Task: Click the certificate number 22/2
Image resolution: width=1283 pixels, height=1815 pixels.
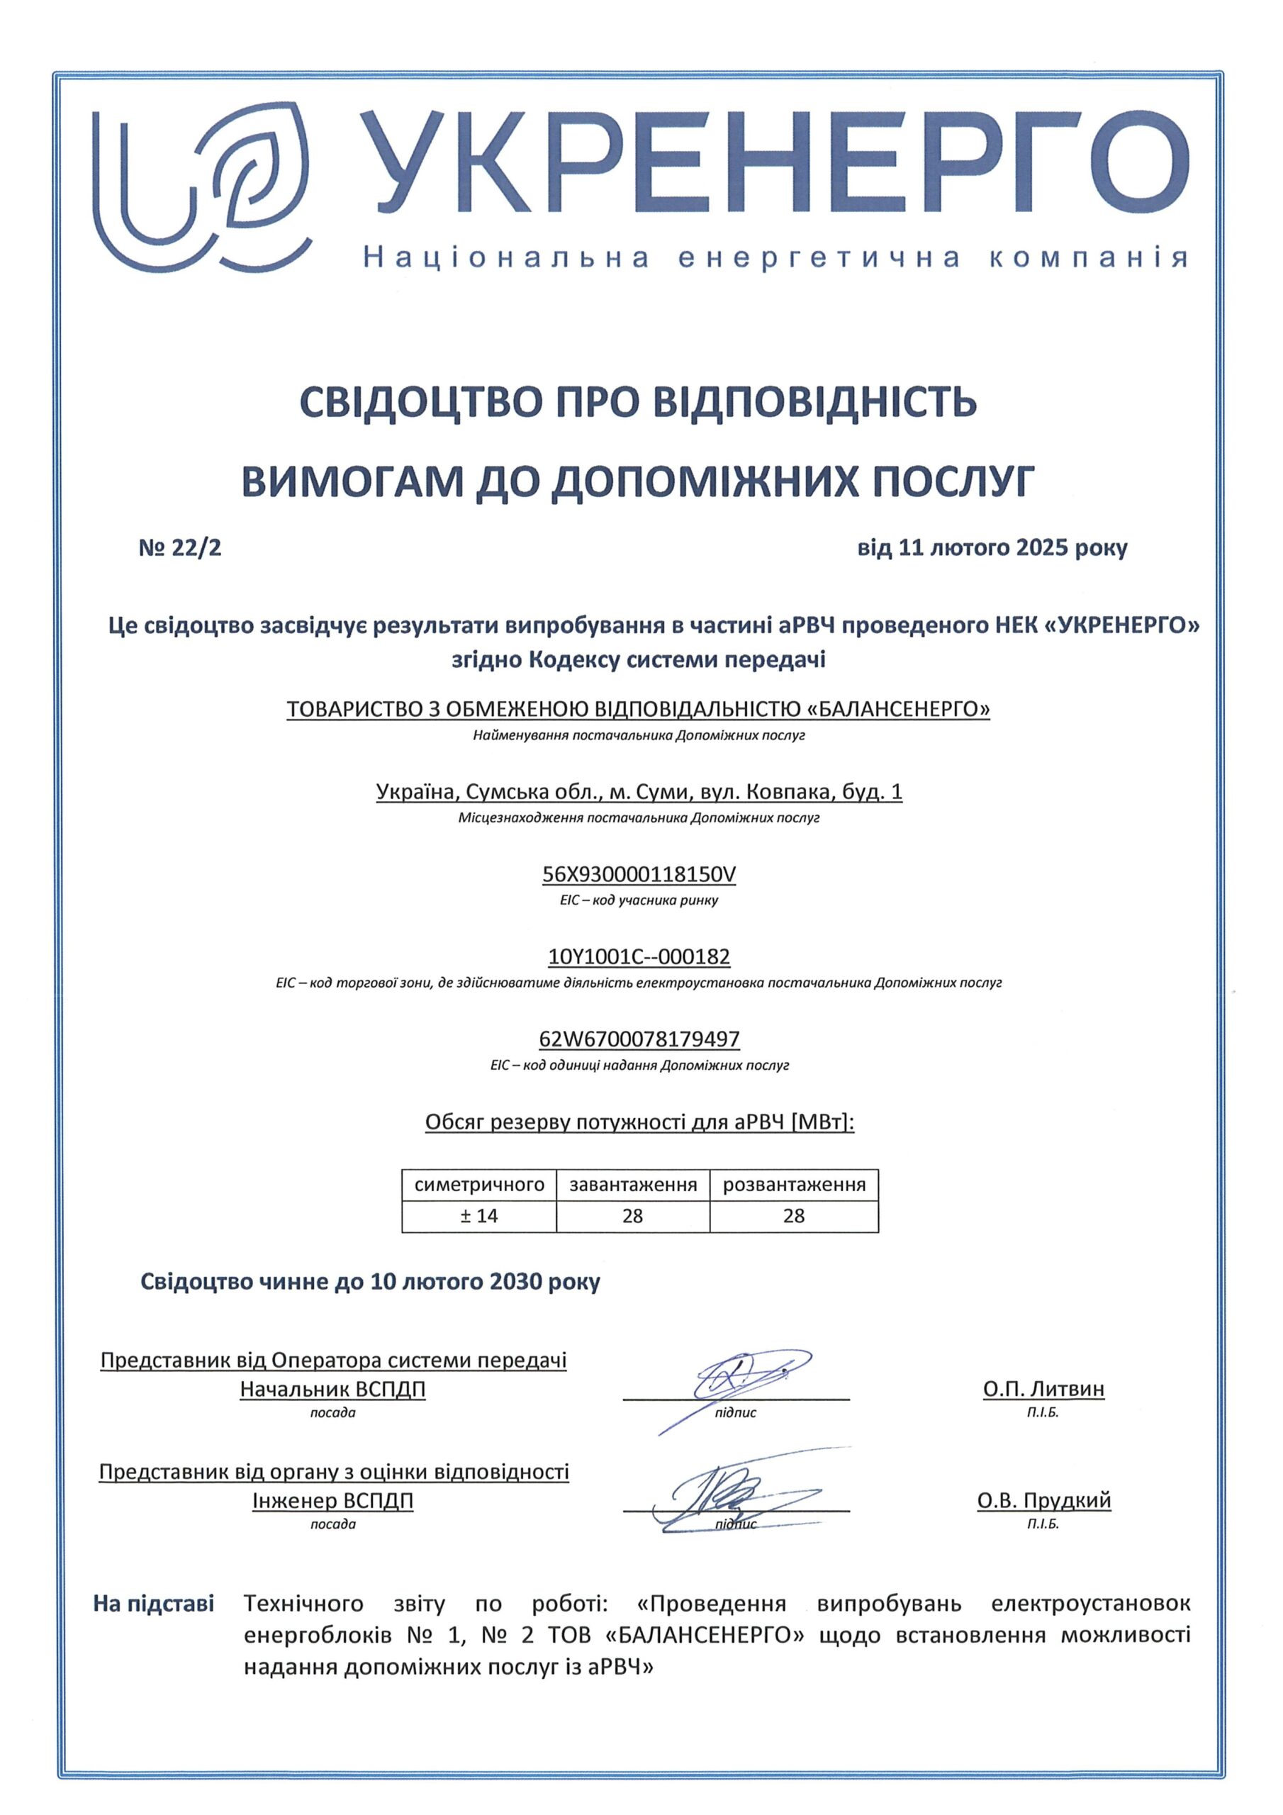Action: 180,548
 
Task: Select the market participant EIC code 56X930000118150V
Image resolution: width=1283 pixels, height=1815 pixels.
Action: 639,874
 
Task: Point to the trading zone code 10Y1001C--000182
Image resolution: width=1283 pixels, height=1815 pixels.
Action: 639,956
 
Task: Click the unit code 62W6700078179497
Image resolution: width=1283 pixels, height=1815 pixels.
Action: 639,1039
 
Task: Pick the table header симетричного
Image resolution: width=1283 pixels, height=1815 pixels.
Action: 479,1185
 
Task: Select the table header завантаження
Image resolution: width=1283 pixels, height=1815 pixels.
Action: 632,1185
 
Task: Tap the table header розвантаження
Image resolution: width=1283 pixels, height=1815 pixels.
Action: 794,1185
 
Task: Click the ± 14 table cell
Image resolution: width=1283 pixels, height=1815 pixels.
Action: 479,1216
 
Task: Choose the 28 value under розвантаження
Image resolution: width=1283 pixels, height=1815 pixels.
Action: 794,1216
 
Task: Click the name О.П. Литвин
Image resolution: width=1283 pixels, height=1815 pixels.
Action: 1043,1389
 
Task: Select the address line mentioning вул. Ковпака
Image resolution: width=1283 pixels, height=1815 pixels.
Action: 639,791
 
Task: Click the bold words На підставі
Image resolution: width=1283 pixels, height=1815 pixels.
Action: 153,1604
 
